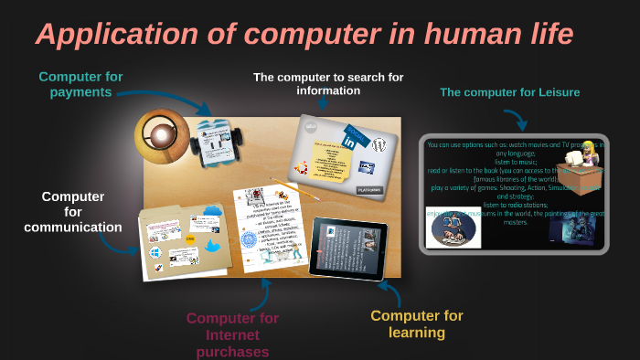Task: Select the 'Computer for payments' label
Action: (x=81, y=84)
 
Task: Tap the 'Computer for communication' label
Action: (x=73, y=211)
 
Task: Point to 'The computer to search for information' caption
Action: (x=328, y=84)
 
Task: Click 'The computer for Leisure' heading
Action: (x=509, y=92)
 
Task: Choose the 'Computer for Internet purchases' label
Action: (x=232, y=334)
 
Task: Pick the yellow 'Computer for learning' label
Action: (x=417, y=323)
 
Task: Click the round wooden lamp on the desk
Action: (x=162, y=135)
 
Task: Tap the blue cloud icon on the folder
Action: (x=212, y=211)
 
